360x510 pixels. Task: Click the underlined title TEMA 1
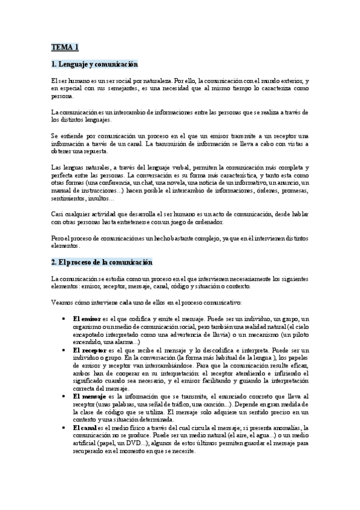[64, 47]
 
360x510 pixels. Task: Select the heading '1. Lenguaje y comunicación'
[94, 64]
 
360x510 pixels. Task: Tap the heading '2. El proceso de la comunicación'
[102, 262]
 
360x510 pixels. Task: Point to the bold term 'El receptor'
[88, 349]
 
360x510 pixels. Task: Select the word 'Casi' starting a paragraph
[58, 215]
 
